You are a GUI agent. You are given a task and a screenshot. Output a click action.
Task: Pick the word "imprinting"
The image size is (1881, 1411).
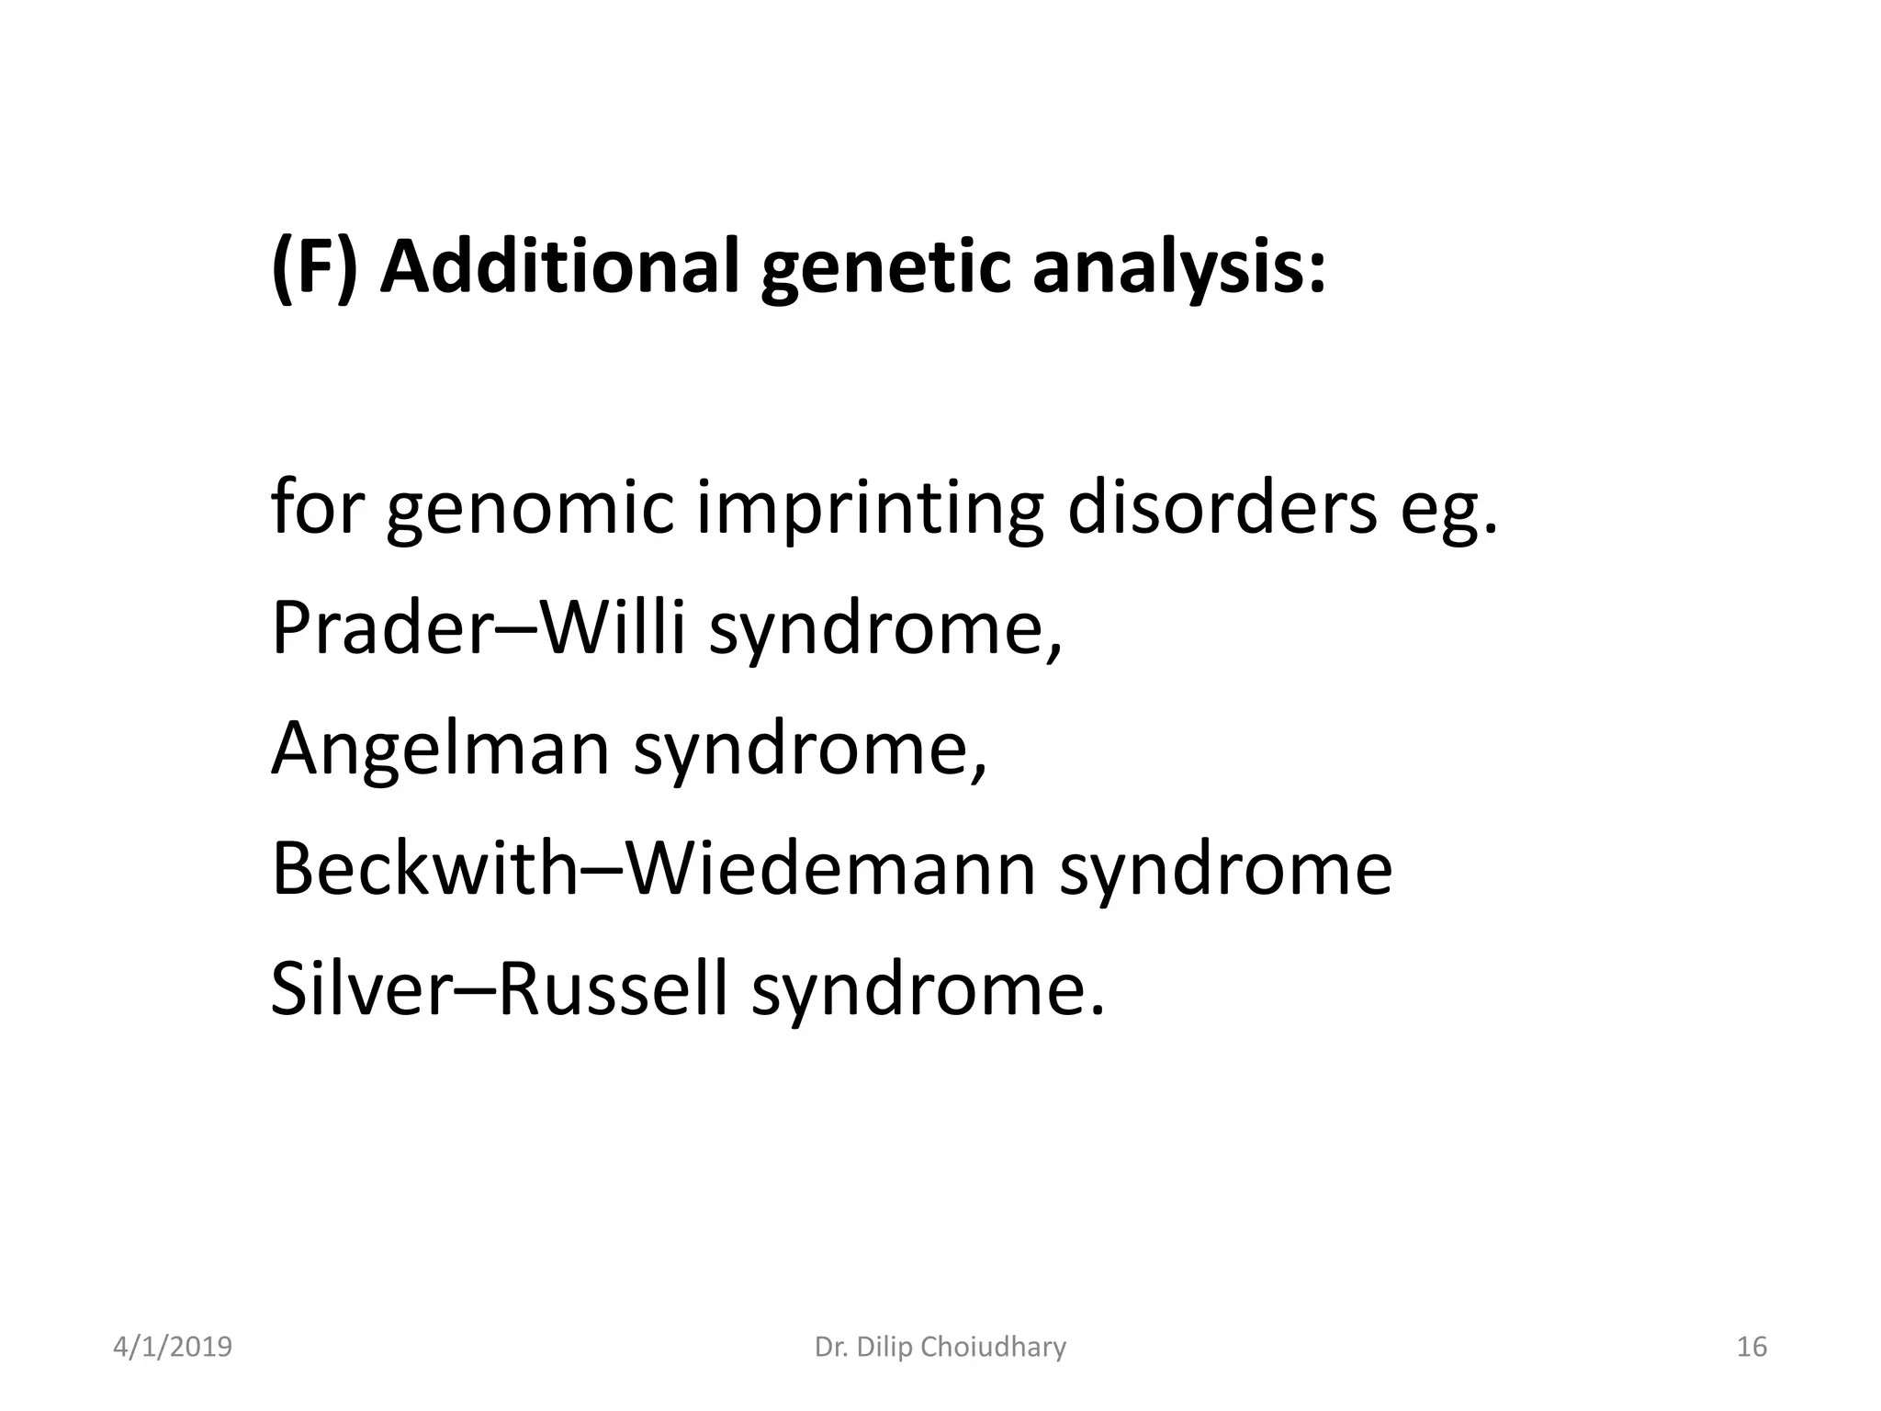[869, 511]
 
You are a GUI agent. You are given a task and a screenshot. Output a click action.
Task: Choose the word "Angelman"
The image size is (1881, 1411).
[440, 750]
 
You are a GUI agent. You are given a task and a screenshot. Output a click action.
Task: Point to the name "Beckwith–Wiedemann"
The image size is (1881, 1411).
[654, 869]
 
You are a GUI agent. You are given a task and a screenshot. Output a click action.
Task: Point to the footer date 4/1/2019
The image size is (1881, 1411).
[173, 1348]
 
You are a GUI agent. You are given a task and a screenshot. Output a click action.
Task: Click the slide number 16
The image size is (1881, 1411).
[1751, 1348]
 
